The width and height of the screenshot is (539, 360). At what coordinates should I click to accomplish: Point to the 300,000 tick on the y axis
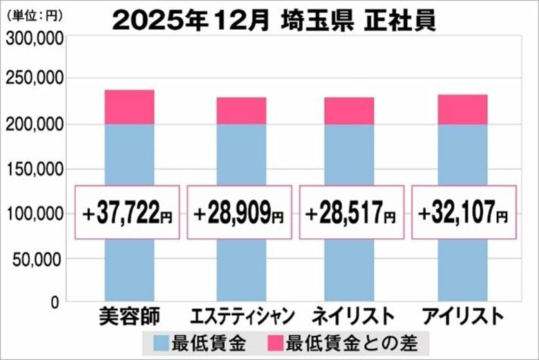35,39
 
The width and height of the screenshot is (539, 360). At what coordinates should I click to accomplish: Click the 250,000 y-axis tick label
35,79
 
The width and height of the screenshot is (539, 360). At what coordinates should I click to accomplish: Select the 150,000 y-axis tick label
35,169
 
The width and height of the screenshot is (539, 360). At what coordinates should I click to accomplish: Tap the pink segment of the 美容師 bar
129,107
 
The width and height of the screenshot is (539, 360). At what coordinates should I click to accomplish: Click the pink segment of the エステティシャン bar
241,111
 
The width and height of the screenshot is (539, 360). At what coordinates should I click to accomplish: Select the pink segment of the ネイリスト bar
350,111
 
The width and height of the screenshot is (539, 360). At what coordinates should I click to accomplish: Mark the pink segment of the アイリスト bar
462,109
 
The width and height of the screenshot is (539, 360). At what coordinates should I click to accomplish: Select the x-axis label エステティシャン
241,317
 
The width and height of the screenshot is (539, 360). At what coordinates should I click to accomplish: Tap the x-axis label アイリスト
462,317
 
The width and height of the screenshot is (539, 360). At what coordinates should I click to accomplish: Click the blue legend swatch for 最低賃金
160,342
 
